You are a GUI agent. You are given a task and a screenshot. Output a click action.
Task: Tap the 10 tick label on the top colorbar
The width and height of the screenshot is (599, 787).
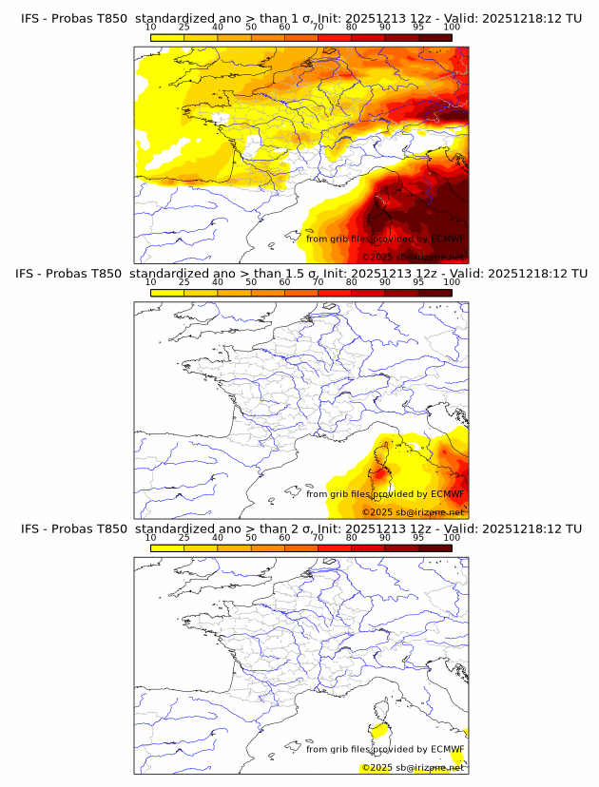[x=150, y=28]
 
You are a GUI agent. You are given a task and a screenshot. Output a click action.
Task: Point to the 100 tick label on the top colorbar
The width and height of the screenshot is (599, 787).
[x=453, y=28]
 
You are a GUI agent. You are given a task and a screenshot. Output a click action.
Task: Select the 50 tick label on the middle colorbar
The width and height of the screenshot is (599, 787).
[x=251, y=282]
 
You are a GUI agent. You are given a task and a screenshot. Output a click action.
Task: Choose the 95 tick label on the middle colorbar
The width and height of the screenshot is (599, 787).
[x=418, y=282]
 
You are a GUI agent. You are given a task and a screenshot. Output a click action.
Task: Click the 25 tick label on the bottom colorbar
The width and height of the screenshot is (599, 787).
[x=184, y=537]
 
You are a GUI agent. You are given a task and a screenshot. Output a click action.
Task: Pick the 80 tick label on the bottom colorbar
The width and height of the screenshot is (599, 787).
[x=352, y=537]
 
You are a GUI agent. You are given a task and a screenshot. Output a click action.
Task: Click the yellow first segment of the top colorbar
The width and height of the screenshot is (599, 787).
[x=166, y=37]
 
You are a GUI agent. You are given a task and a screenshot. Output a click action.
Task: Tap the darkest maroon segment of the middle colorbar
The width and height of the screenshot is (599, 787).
[x=435, y=292]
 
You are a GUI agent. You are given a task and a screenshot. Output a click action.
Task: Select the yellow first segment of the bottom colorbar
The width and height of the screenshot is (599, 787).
[x=166, y=547]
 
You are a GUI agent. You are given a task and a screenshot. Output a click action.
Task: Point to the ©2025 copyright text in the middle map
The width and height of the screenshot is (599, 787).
[x=377, y=512]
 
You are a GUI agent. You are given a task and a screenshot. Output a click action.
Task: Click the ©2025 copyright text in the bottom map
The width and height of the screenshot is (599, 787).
[x=377, y=767]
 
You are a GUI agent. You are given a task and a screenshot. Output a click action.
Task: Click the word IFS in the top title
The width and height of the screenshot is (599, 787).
[x=31, y=19]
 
